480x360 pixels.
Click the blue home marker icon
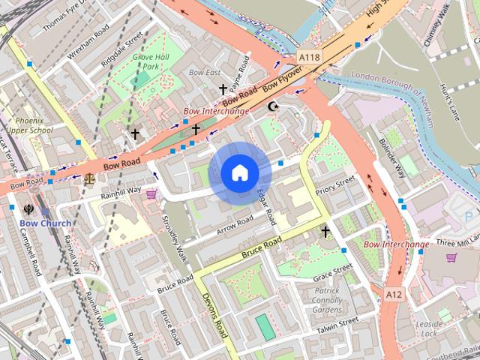[x=240, y=173]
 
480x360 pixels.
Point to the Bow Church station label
[x=46, y=223]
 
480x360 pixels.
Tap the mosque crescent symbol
[x=274, y=106]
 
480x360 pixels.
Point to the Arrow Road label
[x=235, y=225]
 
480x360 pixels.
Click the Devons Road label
[x=214, y=315]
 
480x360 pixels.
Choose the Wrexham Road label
[x=88, y=41]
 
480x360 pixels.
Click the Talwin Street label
[x=337, y=325]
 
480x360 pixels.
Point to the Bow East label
[x=205, y=73]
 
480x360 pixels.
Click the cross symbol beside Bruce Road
[x=325, y=232]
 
